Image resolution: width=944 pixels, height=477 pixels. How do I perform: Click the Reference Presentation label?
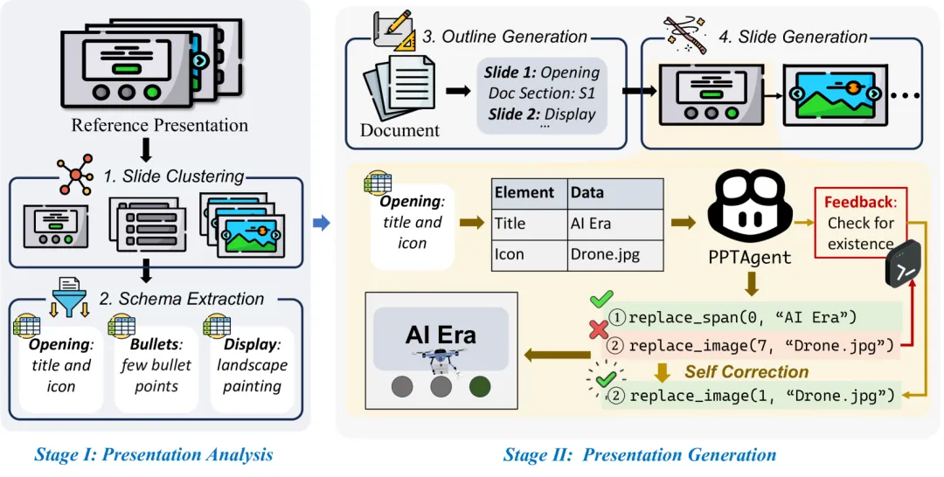coord(159,125)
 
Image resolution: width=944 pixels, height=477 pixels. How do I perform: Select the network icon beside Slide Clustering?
coord(75,175)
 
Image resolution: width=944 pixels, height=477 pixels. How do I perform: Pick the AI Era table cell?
coord(591,223)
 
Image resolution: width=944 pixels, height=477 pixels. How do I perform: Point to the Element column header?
coord(524,193)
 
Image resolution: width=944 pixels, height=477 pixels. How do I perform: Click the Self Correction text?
coord(746,372)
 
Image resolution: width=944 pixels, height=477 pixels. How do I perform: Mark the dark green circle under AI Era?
coord(480,385)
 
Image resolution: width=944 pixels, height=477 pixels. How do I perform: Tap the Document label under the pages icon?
coord(399,130)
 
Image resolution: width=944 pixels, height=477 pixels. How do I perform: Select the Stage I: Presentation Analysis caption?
coord(153,454)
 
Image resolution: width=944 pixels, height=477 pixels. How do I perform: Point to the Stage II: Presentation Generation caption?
coord(639,454)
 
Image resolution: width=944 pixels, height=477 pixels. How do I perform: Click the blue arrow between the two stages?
coord(321,224)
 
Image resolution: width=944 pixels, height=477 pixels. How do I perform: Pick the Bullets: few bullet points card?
coord(156,363)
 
